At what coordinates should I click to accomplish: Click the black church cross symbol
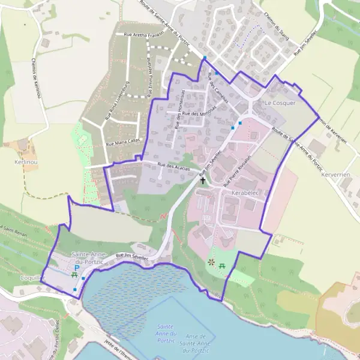(x=202, y=179)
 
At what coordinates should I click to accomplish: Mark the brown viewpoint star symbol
(x=211, y=262)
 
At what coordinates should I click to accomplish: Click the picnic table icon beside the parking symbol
(x=74, y=275)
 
